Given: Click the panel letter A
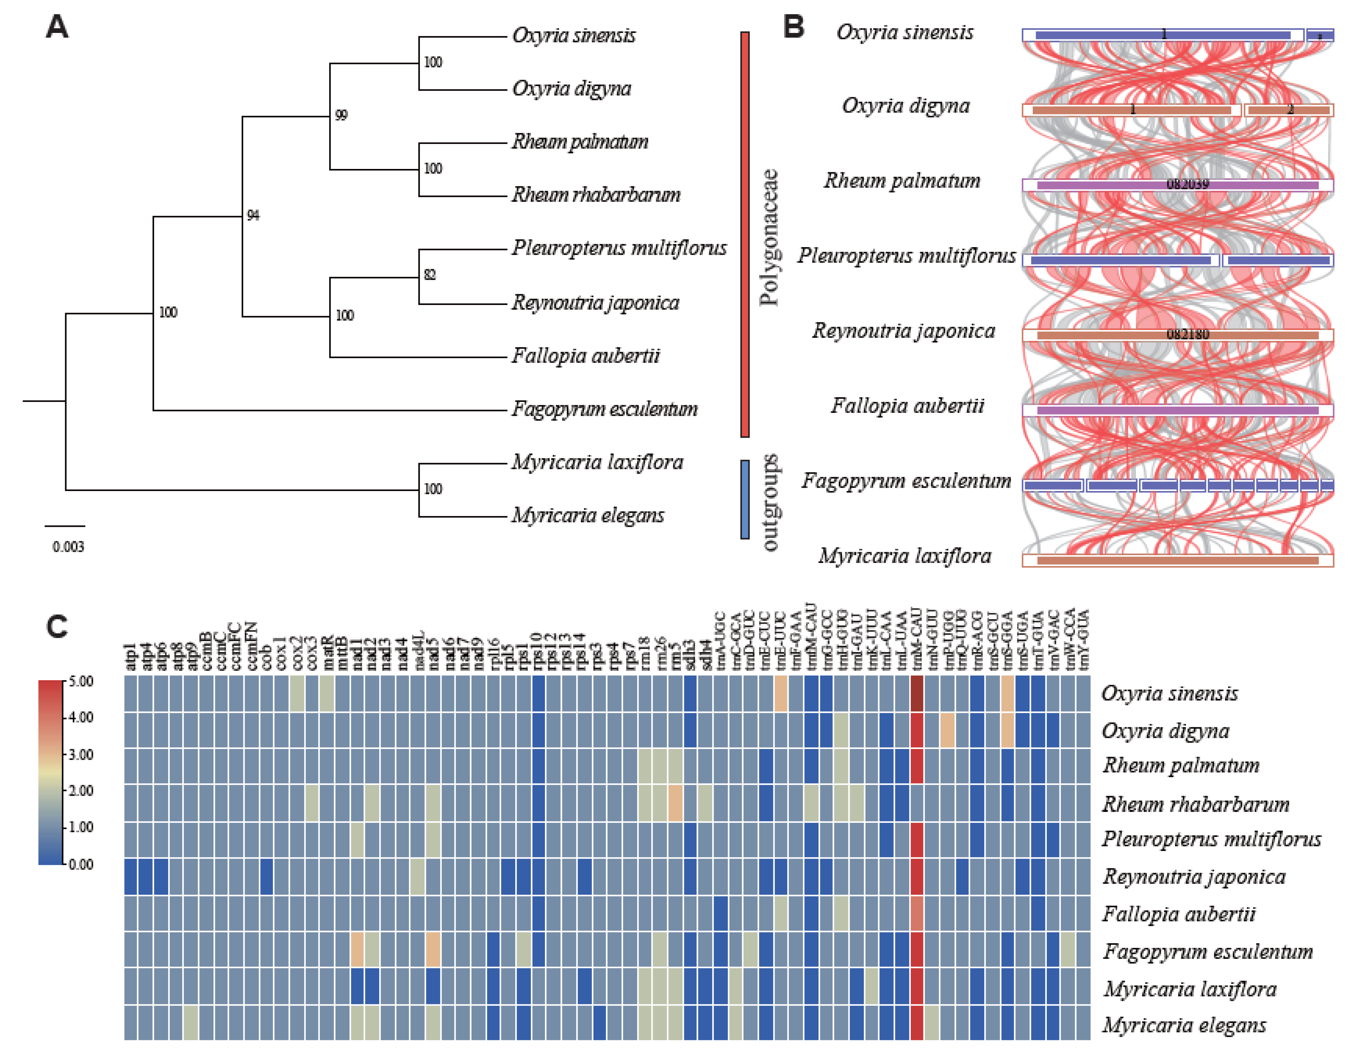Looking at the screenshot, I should click(57, 27).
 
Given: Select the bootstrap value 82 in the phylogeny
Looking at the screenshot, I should click(430, 275).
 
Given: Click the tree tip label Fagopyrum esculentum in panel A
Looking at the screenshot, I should click(605, 409).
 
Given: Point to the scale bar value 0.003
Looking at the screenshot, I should click(68, 547).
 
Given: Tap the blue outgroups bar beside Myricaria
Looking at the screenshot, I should click(745, 499).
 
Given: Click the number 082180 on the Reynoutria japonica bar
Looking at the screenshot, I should click(1187, 334).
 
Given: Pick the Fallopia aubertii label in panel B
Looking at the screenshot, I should click(907, 406).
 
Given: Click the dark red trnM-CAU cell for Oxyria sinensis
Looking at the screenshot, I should click(917, 693).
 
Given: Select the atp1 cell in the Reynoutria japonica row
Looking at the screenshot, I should click(131, 876).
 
